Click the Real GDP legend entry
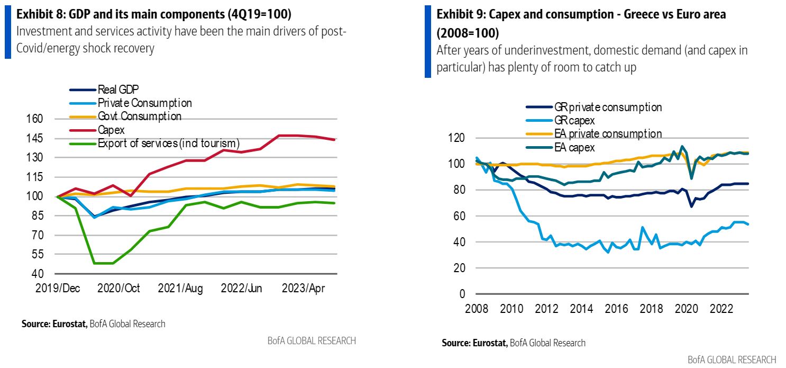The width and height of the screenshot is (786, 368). (x=118, y=90)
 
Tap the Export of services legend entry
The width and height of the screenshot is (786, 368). (x=168, y=142)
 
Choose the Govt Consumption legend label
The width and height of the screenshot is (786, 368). (x=139, y=116)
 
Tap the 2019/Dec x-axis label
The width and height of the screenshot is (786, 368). (x=58, y=288)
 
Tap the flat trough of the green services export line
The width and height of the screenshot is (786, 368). (x=104, y=263)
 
